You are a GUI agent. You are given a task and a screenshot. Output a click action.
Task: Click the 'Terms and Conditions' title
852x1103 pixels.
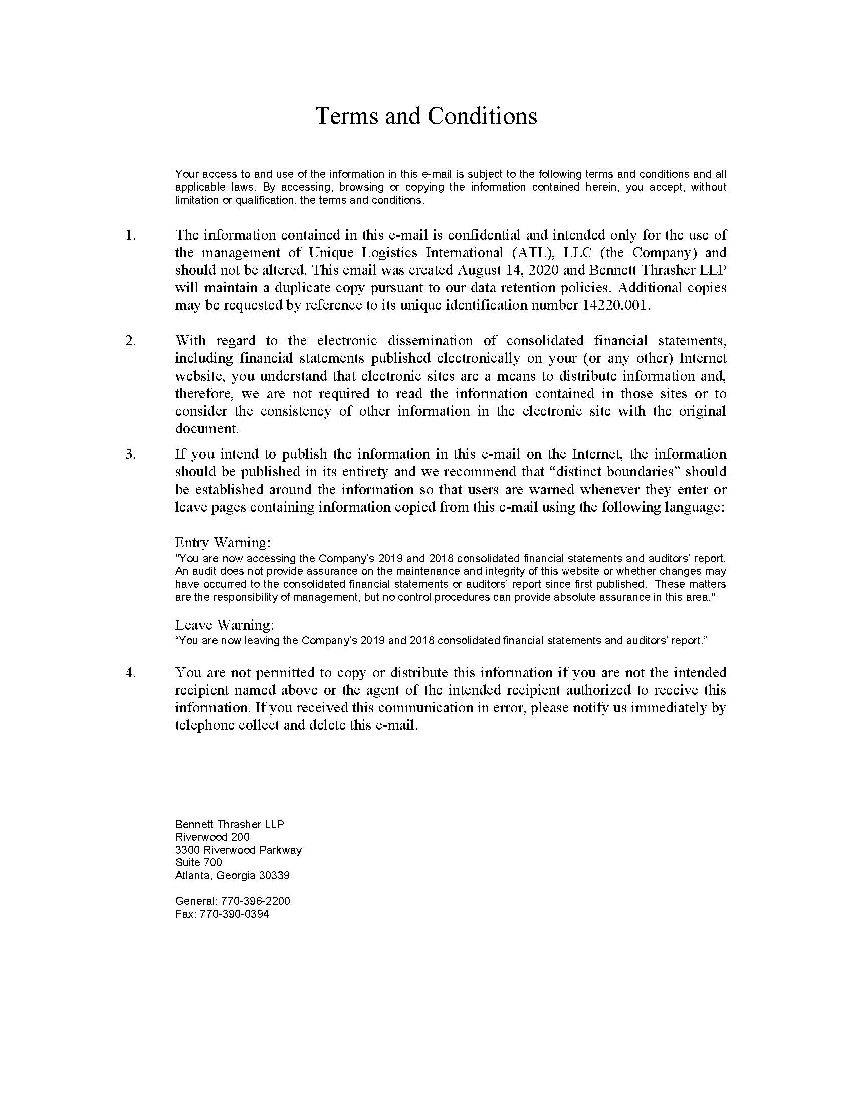click(426, 116)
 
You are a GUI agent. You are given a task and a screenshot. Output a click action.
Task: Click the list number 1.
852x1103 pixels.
click(130, 235)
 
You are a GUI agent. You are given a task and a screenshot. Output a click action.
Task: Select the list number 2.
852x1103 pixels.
click(130, 341)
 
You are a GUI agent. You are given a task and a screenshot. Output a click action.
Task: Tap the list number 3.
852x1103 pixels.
click(130, 454)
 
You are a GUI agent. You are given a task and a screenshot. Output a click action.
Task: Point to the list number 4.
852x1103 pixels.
click(130, 673)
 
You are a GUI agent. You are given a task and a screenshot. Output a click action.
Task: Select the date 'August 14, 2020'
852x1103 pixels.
click(508, 270)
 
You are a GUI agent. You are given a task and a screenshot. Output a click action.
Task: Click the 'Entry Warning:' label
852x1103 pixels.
click(223, 543)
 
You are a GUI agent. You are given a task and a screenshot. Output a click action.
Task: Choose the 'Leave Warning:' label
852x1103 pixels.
click(225, 625)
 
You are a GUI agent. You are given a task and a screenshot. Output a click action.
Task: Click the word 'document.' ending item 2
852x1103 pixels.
click(206, 429)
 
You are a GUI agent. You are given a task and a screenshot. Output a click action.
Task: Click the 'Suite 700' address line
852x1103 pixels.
click(198, 863)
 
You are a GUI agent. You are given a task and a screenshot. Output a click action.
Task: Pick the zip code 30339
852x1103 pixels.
click(274, 876)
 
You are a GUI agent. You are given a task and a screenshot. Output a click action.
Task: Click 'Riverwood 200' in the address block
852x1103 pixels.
click(212, 837)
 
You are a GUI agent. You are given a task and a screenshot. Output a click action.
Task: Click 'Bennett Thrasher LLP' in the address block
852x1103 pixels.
click(230, 824)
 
